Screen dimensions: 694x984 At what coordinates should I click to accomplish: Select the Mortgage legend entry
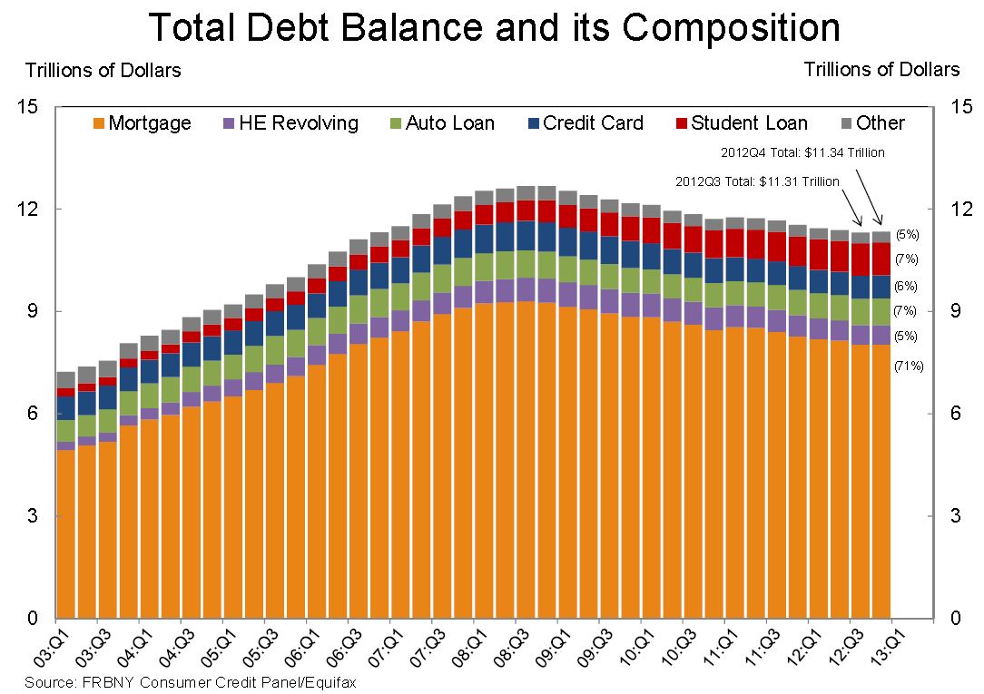(x=142, y=123)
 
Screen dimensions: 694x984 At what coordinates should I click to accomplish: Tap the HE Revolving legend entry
(x=290, y=123)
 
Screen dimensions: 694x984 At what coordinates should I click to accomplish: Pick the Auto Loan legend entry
(x=441, y=123)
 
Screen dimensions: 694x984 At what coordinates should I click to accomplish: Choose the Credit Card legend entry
(x=585, y=123)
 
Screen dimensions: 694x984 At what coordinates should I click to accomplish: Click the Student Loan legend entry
(x=741, y=123)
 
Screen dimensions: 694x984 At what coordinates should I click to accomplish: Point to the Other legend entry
(x=871, y=123)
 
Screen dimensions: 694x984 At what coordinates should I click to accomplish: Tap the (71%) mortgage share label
(x=909, y=367)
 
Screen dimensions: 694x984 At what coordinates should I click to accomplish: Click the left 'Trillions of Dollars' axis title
(x=103, y=70)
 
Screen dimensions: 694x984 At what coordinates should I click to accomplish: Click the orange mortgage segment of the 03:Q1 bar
(x=65, y=535)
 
